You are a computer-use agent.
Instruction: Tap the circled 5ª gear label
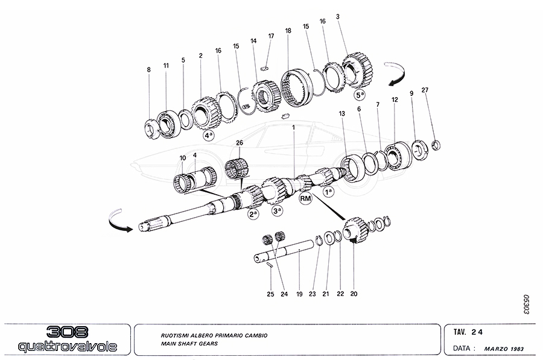tap(360, 95)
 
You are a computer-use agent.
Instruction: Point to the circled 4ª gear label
tap(209, 136)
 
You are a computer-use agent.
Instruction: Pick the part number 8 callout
tap(148, 70)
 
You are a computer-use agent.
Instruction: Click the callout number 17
tap(271, 36)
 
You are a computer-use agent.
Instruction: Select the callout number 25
tap(271, 294)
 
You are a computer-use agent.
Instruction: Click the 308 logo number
tap(66, 332)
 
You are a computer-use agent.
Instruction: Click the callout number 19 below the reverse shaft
tap(299, 294)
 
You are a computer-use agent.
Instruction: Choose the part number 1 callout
tap(293, 127)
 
